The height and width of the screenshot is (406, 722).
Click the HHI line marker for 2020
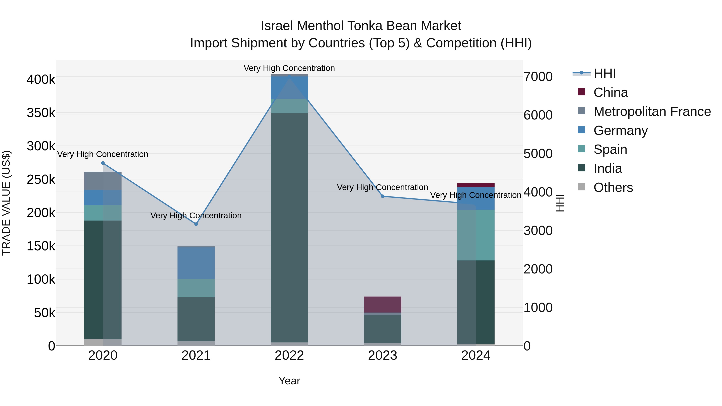point(103,163)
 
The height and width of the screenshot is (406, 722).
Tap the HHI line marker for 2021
point(196,224)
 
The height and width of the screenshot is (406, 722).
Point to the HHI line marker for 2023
point(383,196)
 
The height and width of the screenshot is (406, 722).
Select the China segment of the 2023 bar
point(383,304)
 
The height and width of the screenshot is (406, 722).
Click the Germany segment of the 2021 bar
point(196,263)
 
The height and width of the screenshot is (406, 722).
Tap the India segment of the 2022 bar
point(289,228)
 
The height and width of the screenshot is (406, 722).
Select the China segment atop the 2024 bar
point(476,185)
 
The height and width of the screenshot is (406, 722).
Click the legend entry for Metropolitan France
point(652,111)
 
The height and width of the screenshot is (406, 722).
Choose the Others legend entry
point(613,187)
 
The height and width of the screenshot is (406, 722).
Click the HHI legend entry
point(604,73)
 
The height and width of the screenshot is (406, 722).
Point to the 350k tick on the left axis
point(41,113)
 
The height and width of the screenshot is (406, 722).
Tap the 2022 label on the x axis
point(289,355)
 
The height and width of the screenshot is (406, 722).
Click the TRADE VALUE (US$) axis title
point(6,203)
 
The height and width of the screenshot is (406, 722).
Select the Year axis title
point(289,381)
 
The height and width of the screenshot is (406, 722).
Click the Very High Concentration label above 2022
point(289,68)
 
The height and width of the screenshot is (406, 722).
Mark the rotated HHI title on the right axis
point(560,203)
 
